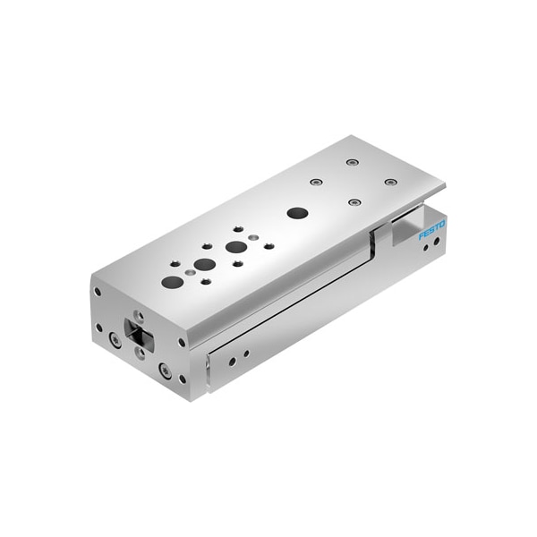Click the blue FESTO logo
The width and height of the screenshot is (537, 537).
click(432, 231)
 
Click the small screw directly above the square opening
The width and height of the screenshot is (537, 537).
click(138, 315)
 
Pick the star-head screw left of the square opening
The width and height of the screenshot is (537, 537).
click(115, 339)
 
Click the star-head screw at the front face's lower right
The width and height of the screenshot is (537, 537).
click(165, 370)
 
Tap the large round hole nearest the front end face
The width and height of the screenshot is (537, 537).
click(173, 282)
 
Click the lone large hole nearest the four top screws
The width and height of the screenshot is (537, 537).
click(298, 213)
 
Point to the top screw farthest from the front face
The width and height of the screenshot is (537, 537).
click(351, 162)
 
